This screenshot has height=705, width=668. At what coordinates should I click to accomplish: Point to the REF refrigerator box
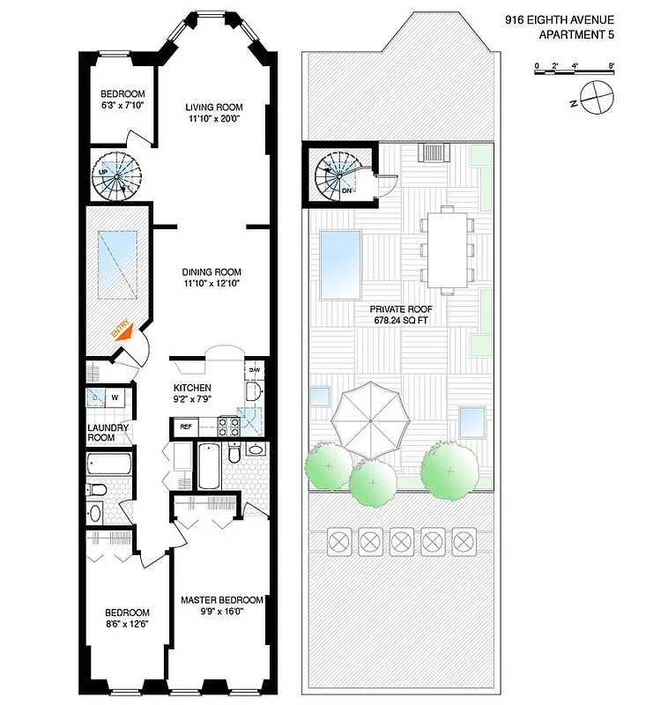point(186,427)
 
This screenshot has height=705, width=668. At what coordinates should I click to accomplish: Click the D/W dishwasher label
point(253,369)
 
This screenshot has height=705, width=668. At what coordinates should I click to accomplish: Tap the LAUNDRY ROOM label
point(108,432)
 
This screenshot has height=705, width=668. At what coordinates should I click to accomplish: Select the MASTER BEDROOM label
point(221,600)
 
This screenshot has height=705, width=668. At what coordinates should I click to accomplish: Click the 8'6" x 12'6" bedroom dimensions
point(127,625)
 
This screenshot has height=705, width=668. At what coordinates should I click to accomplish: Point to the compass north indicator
point(596,96)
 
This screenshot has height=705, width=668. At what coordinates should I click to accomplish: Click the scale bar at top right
point(574,69)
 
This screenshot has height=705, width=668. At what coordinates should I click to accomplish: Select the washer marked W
point(115,397)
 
